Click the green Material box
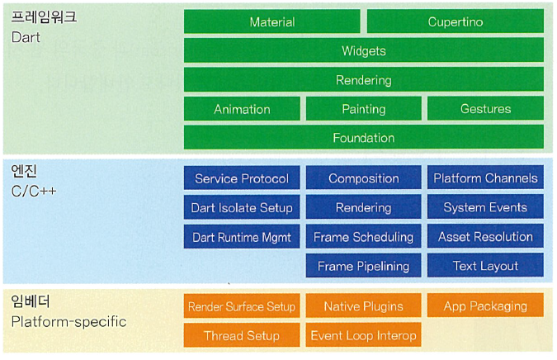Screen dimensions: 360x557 click(271, 22)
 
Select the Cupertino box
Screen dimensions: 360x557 click(455, 22)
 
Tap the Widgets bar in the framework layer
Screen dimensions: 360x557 click(363, 51)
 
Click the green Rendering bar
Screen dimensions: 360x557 click(363, 80)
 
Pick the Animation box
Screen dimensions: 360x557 click(242, 109)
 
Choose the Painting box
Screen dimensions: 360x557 click(363, 109)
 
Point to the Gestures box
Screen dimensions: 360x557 click(485, 109)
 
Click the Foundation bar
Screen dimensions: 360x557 click(363, 138)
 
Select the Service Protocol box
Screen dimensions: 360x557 click(242, 178)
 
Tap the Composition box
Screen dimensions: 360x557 click(363, 178)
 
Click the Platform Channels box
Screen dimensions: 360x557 click(485, 178)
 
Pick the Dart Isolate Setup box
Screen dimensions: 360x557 click(242, 207)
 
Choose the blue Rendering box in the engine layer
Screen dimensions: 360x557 click(363, 207)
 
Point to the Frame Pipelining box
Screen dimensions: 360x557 click(363, 266)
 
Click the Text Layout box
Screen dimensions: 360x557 click(485, 266)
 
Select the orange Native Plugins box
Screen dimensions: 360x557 click(363, 306)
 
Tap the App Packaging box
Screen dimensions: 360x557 click(485, 306)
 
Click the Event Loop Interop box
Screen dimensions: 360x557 click(363, 335)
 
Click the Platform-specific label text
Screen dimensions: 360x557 click(69, 321)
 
